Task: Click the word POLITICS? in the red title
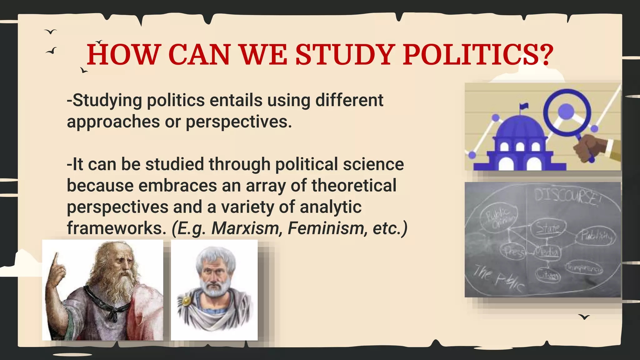pyautogui.click(x=478, y=55)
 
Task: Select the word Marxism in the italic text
pyautogui.click(x=245, y=228)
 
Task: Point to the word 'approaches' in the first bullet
pyautogui.click(x=113, y=122)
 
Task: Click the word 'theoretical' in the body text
pyautogui.click(x=354, y=185)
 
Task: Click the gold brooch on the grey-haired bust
pyautogui.click(x=187, y=301)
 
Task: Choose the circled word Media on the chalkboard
pyautogui.click(x=547, y=251)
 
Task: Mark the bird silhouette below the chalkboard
pyautogui.click(x=584, y=317)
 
